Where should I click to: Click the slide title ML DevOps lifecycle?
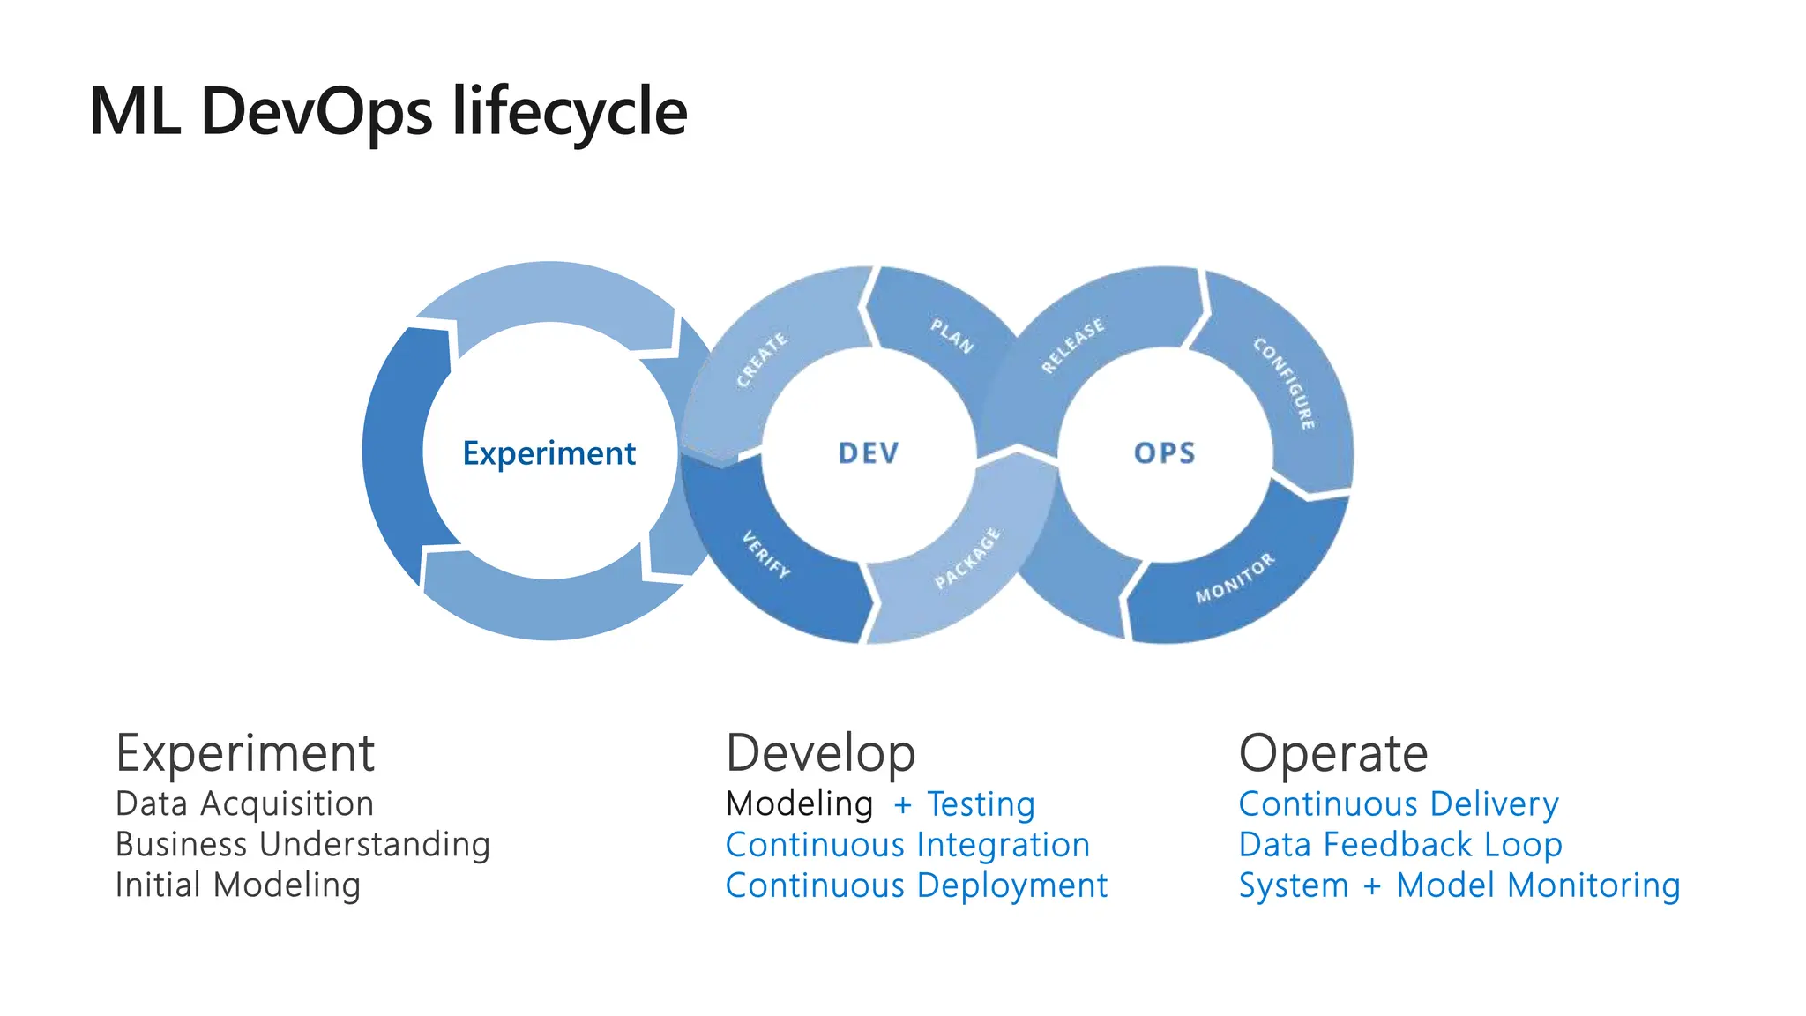(388, 112)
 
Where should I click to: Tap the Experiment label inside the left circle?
(549, 453)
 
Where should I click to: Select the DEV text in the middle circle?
(869, 453)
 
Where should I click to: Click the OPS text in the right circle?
(1165, 453)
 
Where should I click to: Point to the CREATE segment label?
(762, 360)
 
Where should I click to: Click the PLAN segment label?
(952, 336)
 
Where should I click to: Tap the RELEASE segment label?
(1072, 346)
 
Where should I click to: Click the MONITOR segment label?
(1235, 579)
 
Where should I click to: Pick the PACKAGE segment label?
(968, 558)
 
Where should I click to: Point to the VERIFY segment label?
(765, 554)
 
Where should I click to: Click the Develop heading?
(820, 754)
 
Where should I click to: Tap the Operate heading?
(1332, 754)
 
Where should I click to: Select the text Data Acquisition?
(244, 804)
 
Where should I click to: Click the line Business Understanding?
(302, 845)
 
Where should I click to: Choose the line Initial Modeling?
(238, 885)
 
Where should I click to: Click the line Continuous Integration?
(907, 845)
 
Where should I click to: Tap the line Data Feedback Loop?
(1400, 845)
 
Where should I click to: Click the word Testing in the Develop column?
(981, 804)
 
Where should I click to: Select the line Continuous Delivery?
(1399, 804)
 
